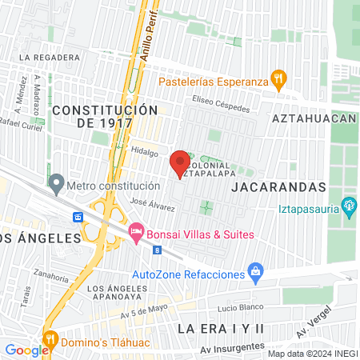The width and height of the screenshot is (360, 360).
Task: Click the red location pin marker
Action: click(180, 163)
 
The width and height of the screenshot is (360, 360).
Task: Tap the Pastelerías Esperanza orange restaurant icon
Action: click(278, 79)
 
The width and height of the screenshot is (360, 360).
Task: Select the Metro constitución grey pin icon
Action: click(56, 185)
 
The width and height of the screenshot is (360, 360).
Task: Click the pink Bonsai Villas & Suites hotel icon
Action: click(135, 233)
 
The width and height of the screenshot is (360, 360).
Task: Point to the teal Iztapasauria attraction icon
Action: click(349, 206)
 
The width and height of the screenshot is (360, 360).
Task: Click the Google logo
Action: click(27, 350)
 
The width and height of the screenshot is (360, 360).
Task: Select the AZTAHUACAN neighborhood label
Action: click(313, 118)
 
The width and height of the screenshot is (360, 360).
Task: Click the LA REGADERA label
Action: click(51, 58)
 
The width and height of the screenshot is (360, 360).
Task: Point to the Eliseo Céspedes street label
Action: click(221, 105)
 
